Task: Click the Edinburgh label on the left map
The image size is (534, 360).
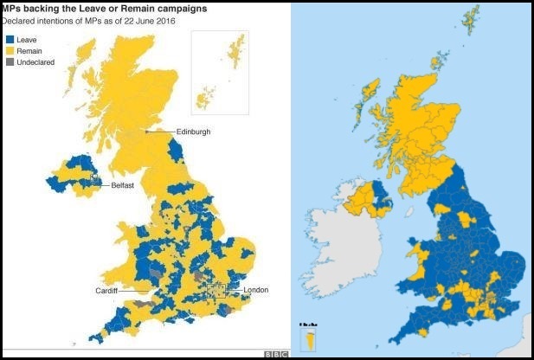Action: click(193, 132)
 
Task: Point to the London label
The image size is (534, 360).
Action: click(258, 290)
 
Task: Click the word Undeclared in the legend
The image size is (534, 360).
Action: click(35, 62)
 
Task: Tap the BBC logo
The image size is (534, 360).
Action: click(275, 353)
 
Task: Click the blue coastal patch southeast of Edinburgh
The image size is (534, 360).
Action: click(177, 151)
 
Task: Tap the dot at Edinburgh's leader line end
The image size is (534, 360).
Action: click(147, 132)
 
